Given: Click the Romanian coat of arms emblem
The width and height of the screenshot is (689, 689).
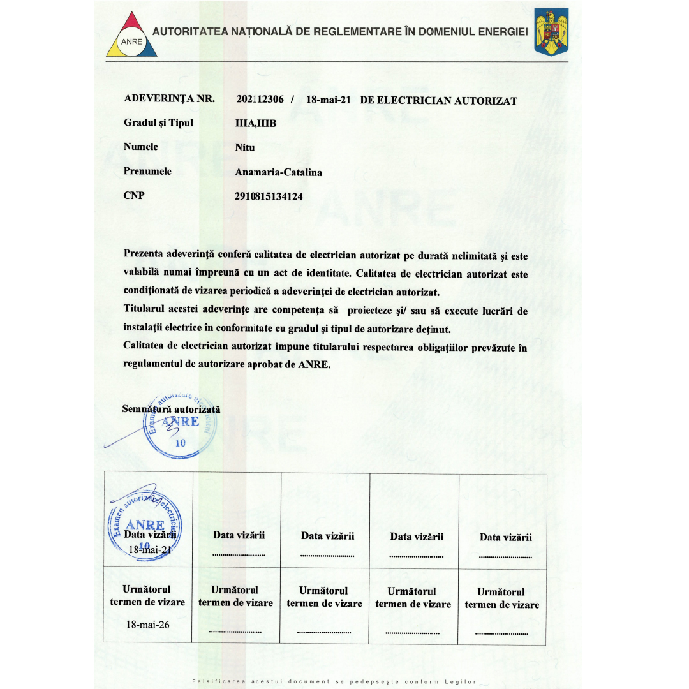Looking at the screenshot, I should (551, 32).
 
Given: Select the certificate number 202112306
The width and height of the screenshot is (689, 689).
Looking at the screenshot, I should (260, 100).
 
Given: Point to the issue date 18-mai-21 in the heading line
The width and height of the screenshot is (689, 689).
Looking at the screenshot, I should (329, 100).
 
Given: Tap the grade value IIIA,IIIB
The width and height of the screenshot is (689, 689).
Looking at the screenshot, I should (256, 124).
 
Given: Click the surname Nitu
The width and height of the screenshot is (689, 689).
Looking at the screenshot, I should (245, 147).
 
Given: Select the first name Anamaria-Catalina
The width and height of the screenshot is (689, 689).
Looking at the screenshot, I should (279, 172).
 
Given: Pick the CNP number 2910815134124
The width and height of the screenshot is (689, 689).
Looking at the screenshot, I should (269, 196).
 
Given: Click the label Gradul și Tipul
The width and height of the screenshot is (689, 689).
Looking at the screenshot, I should (158, 123).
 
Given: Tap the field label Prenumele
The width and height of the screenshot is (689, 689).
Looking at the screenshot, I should (147, 172).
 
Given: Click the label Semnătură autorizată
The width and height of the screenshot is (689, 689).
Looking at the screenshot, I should (171, 409).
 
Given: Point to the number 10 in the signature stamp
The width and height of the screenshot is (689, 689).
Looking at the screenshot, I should (179, 444).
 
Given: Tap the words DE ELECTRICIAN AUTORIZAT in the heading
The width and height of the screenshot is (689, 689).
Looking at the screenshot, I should (439, 100).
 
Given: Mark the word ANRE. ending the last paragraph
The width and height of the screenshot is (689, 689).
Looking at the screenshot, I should (315, 365).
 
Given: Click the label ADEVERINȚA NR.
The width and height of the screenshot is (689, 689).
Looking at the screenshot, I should (169, 99).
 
